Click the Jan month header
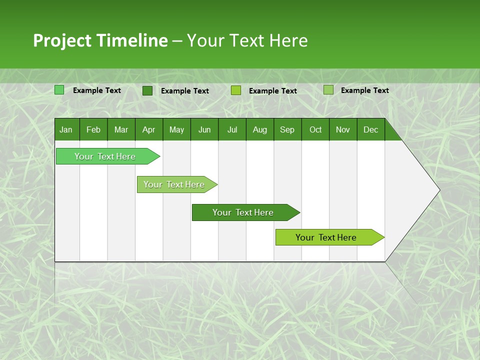pyautogui.click(x=66, y=129)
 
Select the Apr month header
pyautogui.click(x=148, y=129)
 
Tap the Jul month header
pyautogui.click(x=232, y=129)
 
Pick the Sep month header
pyautogui.click(x=287, y=129)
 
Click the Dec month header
pyautogui.click(x=370, y=129)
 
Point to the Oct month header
pyautogui.click(x=315, y=129)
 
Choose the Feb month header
pyautogui.click(x=93, y=129)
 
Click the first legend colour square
pyautogui.click(x=59, y=90)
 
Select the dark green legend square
pyautogui.click(x=147, y=90)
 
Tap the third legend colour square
pyautogui.click(x=236, y=90)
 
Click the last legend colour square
pyautogui.click(x=328, y=90)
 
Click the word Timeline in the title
pyautogui.click(x=131, y=40)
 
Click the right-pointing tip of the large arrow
pyautogui.click(x=438, y=190)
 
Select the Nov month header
pyautogui.click(x=343, y=129)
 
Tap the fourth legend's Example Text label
pyautogui.click(x=364, y=90)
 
